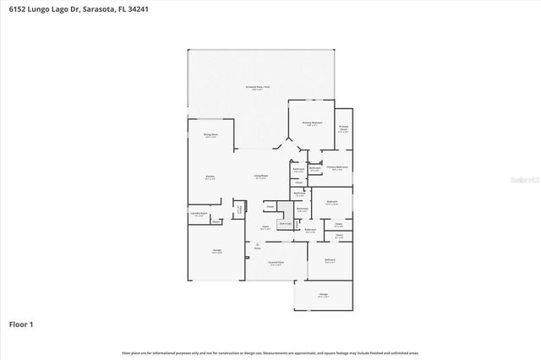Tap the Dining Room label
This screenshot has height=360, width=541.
point(210,135)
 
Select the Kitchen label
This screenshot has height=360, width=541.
point(210,177)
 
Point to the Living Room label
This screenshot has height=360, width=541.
point(260,177)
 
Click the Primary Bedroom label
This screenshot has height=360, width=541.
point(313,123)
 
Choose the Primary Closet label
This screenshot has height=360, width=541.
point(343,128)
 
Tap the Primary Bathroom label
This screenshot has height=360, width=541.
point(336,167)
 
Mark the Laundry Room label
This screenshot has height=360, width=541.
point(200,214)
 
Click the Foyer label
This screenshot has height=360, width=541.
point(265,227)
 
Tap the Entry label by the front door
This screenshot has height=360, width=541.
point(258,248)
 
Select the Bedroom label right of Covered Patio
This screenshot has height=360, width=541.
point(330,260)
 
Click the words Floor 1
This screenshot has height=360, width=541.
point(21,324)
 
